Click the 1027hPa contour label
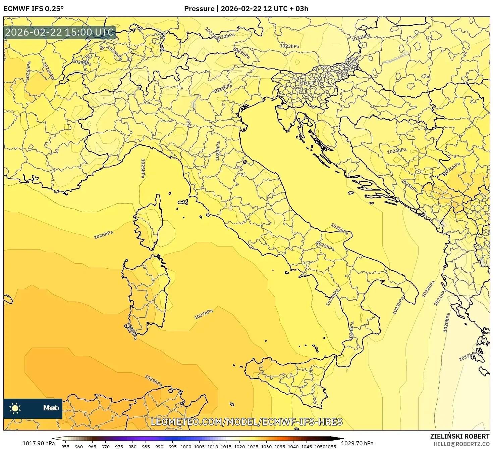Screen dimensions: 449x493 (204, 314)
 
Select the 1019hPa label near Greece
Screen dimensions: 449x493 (468, 356)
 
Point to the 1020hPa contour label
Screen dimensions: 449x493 (446, 322)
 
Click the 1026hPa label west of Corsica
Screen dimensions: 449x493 (103, 235)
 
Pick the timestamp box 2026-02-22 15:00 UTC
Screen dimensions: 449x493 (60, 33)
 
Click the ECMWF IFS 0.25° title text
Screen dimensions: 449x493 (34, 8)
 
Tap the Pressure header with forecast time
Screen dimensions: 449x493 (246, 8)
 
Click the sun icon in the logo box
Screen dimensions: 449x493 (15, 408)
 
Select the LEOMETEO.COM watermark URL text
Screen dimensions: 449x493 (246, 422)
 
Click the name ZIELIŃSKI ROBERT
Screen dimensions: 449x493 (459, 436)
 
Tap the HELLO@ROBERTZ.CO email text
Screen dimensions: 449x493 (463, 444)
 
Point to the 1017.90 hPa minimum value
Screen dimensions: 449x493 (39, 443)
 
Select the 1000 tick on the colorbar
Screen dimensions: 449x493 (186, 446)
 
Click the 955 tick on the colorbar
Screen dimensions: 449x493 (65, 446)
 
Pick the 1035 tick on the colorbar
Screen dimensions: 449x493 (280, 446)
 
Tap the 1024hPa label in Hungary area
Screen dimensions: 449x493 (397, 151)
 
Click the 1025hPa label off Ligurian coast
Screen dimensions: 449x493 (143, 168)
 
